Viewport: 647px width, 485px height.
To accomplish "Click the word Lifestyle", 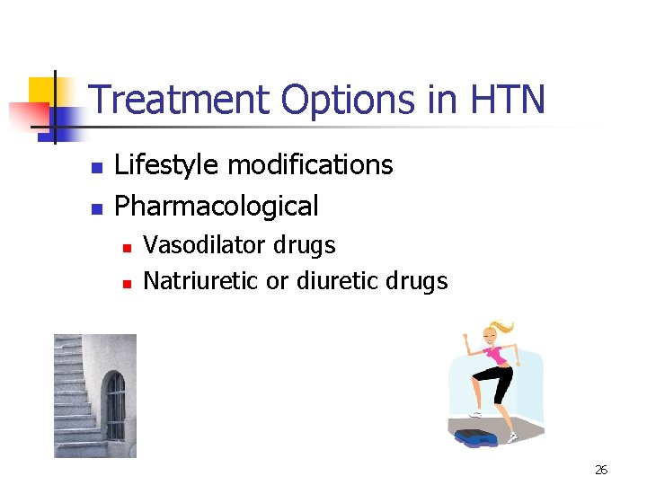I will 167,165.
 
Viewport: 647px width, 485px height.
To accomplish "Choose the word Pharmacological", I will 217,206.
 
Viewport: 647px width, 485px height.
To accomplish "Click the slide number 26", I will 601,470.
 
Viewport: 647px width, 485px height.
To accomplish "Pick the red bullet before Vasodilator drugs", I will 127,247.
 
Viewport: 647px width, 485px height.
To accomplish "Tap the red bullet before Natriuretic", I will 127,283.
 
